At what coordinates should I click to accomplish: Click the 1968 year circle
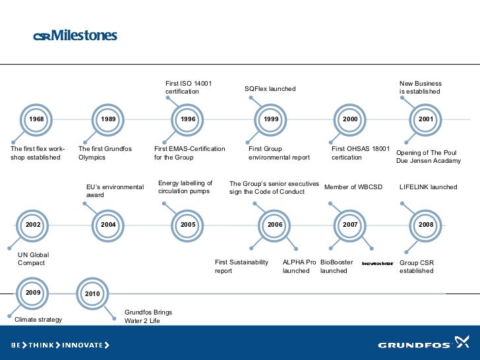click(x=36, y=119)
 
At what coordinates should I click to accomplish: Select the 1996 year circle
click(x=189, y=119)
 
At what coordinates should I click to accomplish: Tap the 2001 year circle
click(x=426, y=119)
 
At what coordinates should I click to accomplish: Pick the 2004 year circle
click(x=109, y=225)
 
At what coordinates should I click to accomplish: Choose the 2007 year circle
click(x=350, y=225)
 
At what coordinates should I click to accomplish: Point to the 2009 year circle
click(x=33, y=291)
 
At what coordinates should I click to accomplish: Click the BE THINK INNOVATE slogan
click(x=60, y=345)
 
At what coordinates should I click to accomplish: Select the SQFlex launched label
click(x=270, y=88)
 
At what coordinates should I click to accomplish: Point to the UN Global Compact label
click(x=34, y=259)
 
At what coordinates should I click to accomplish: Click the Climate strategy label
click(x=38, y=320)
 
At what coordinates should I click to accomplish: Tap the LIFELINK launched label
click(x=428, y=187)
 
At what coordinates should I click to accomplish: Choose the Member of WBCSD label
click(x=353, y=187)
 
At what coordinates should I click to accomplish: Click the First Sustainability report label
click(x=241, y=266)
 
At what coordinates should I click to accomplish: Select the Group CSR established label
click(x=417, y=266)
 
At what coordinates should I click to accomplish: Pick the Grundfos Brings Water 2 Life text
click(x=148, y=316)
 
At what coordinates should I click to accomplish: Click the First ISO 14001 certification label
click(x=189, y=88)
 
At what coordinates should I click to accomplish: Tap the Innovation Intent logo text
click(x=378, y=263)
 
